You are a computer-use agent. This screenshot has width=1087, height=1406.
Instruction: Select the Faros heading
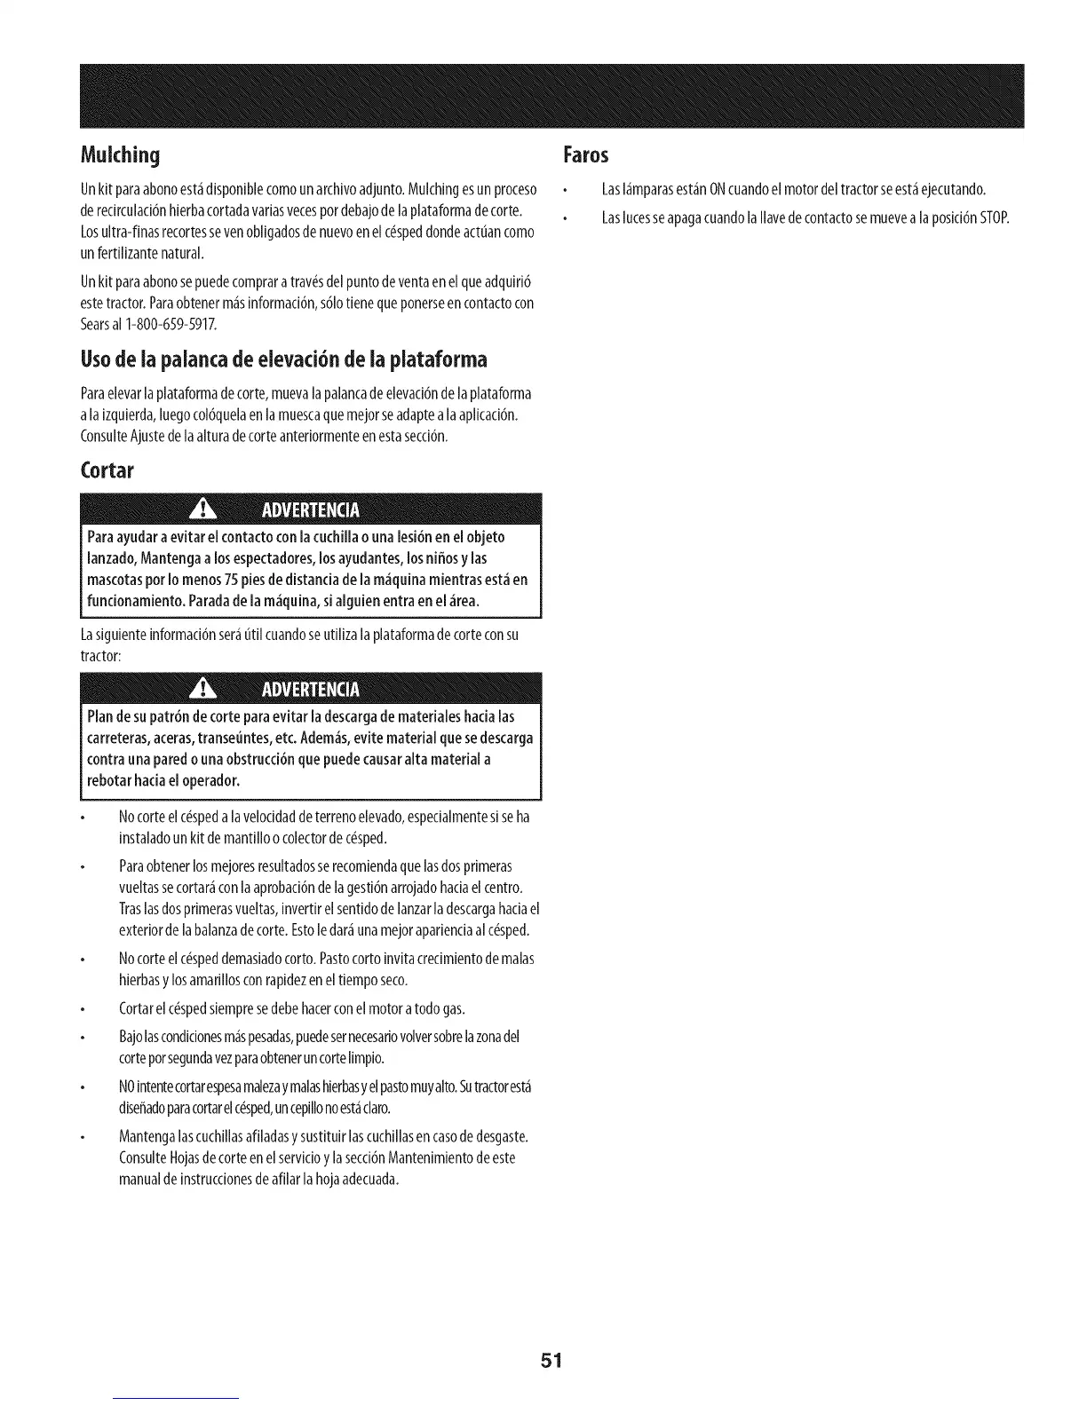tap(585, 156)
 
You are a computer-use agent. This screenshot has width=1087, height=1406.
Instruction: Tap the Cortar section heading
tap(106, 470)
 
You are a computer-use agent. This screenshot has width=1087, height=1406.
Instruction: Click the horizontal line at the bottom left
tap(177, 1399)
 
